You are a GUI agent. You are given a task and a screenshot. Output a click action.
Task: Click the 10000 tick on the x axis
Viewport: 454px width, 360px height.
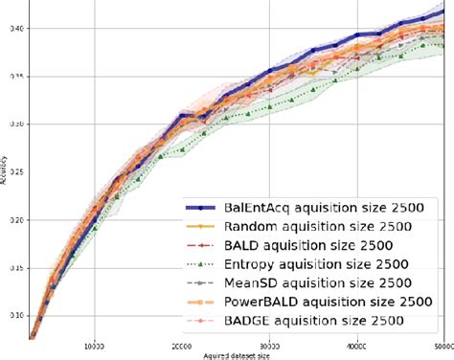point(94,345)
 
